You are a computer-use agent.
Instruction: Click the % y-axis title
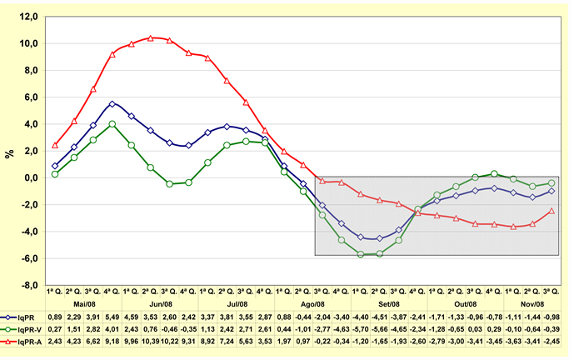point(9,153)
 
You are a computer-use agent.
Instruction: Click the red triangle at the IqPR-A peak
point(151,37)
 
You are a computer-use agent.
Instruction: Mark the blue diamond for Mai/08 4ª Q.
point(112,104)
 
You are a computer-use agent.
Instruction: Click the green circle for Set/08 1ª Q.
point(361,254)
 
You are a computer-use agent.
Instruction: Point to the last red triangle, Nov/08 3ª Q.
point(552,211)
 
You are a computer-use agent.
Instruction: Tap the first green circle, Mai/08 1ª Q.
point(55,174)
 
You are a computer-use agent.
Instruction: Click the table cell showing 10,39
point(151,341)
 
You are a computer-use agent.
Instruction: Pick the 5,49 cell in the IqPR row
point(112,317)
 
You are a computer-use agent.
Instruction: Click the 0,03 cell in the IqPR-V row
point(475,329)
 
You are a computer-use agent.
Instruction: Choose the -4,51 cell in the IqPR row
point(380,317)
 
